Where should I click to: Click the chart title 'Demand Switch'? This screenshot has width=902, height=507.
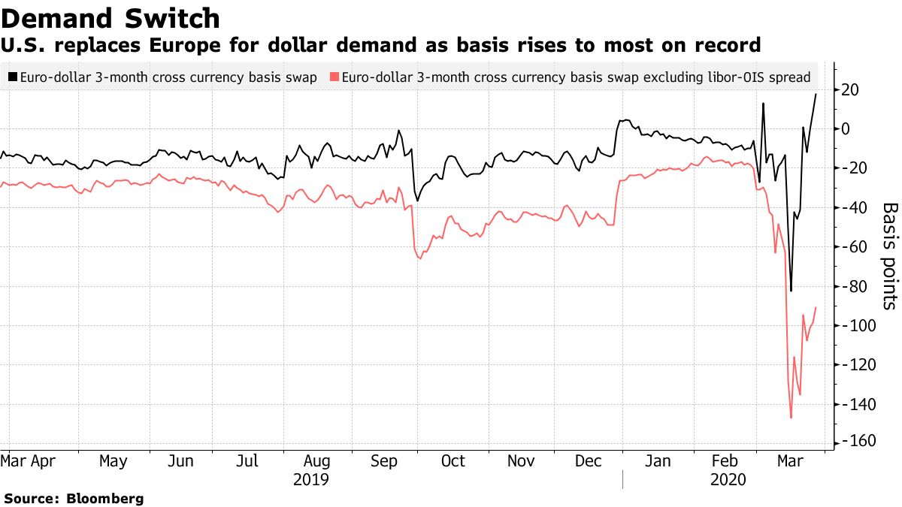(x=112, y=18)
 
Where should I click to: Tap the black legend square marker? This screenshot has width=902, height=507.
(x=12, y=77)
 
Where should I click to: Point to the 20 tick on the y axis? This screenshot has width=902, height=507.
(x=852, y=89)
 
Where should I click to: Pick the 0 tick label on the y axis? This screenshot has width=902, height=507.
(x=846, y=128)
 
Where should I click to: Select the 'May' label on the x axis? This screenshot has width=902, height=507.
(x=114, y=461)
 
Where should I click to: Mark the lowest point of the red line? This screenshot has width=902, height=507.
(x=791, y=418)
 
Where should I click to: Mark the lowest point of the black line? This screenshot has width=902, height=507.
(x=791, y=291)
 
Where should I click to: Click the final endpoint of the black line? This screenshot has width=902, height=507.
(x=816, y=94)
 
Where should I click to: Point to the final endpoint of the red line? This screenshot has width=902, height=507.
(x=816, y=307)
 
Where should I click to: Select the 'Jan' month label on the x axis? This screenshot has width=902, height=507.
(x=658, y=461)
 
